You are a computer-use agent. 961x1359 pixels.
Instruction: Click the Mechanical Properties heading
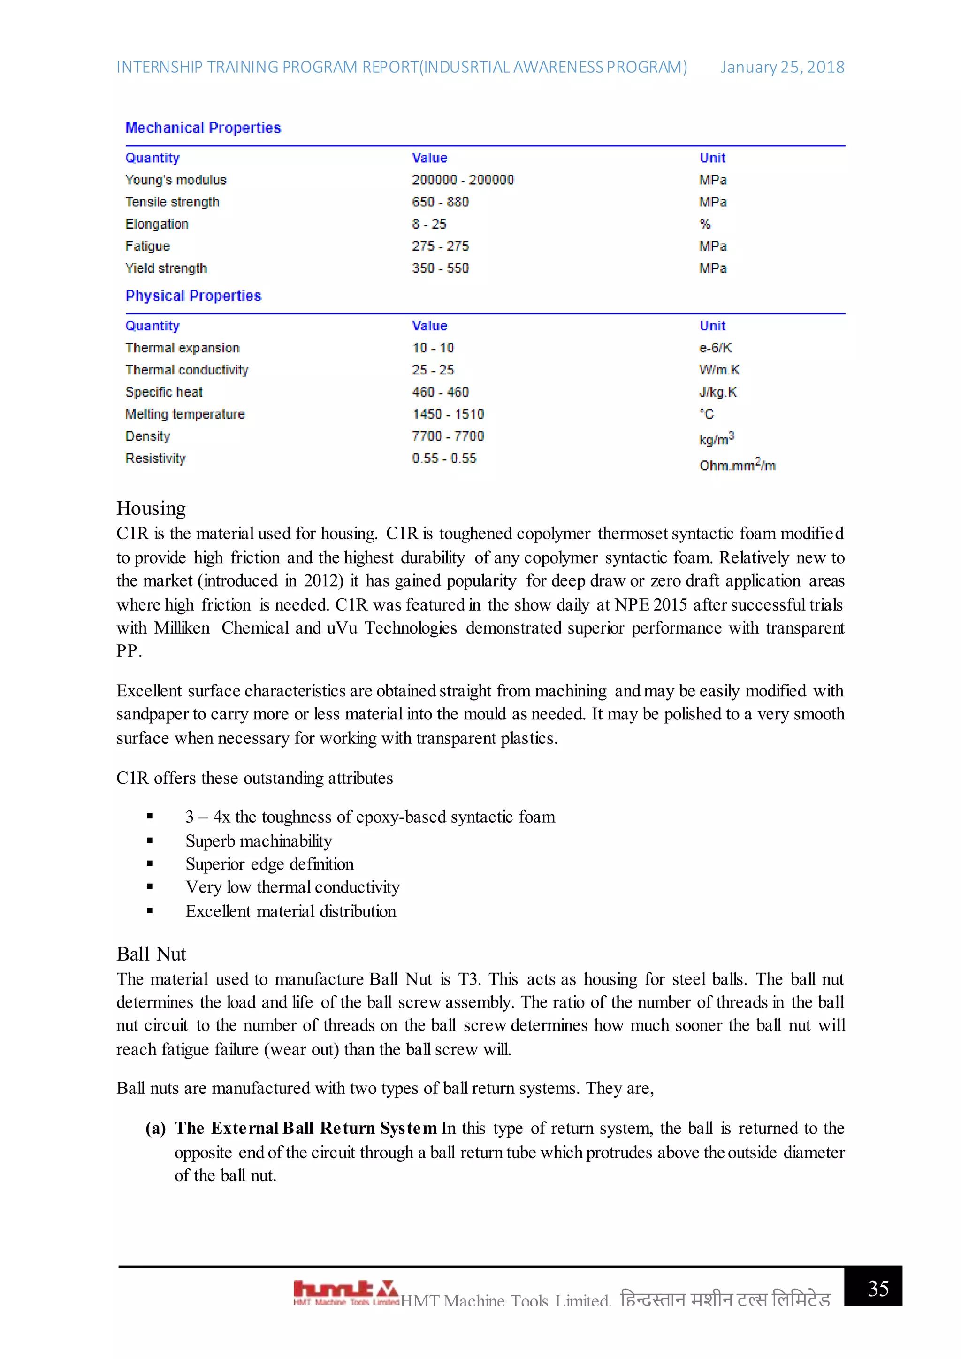tap(203, 128)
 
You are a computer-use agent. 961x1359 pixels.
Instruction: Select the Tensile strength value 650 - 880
tap(440, 202)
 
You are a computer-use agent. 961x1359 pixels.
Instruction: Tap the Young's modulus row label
tap(176, 180)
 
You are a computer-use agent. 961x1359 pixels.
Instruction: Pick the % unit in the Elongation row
tap(705, 224)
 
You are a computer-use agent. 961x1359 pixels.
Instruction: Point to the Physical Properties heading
tap(193, 296)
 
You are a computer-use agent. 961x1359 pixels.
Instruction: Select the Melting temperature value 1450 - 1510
tap(448, 414)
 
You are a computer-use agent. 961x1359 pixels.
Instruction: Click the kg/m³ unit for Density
tap(716, 439)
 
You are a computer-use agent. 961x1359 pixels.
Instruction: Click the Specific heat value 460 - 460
tap(440, 392)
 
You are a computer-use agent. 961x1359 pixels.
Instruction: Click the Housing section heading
tap(151, 508)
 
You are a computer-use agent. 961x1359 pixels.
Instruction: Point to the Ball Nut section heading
tap(151, 954)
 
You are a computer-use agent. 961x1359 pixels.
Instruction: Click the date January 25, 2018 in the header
tap(782, 68)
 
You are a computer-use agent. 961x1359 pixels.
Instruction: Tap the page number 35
tap(878, 1289)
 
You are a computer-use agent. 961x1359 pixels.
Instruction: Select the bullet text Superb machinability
tap(259, 841)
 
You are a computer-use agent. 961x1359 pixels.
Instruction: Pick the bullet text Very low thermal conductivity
tap(292, 887)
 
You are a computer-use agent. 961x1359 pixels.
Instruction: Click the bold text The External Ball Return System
tap(305, 1128)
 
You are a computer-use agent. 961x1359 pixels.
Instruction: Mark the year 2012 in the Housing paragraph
tap(320, 580)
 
